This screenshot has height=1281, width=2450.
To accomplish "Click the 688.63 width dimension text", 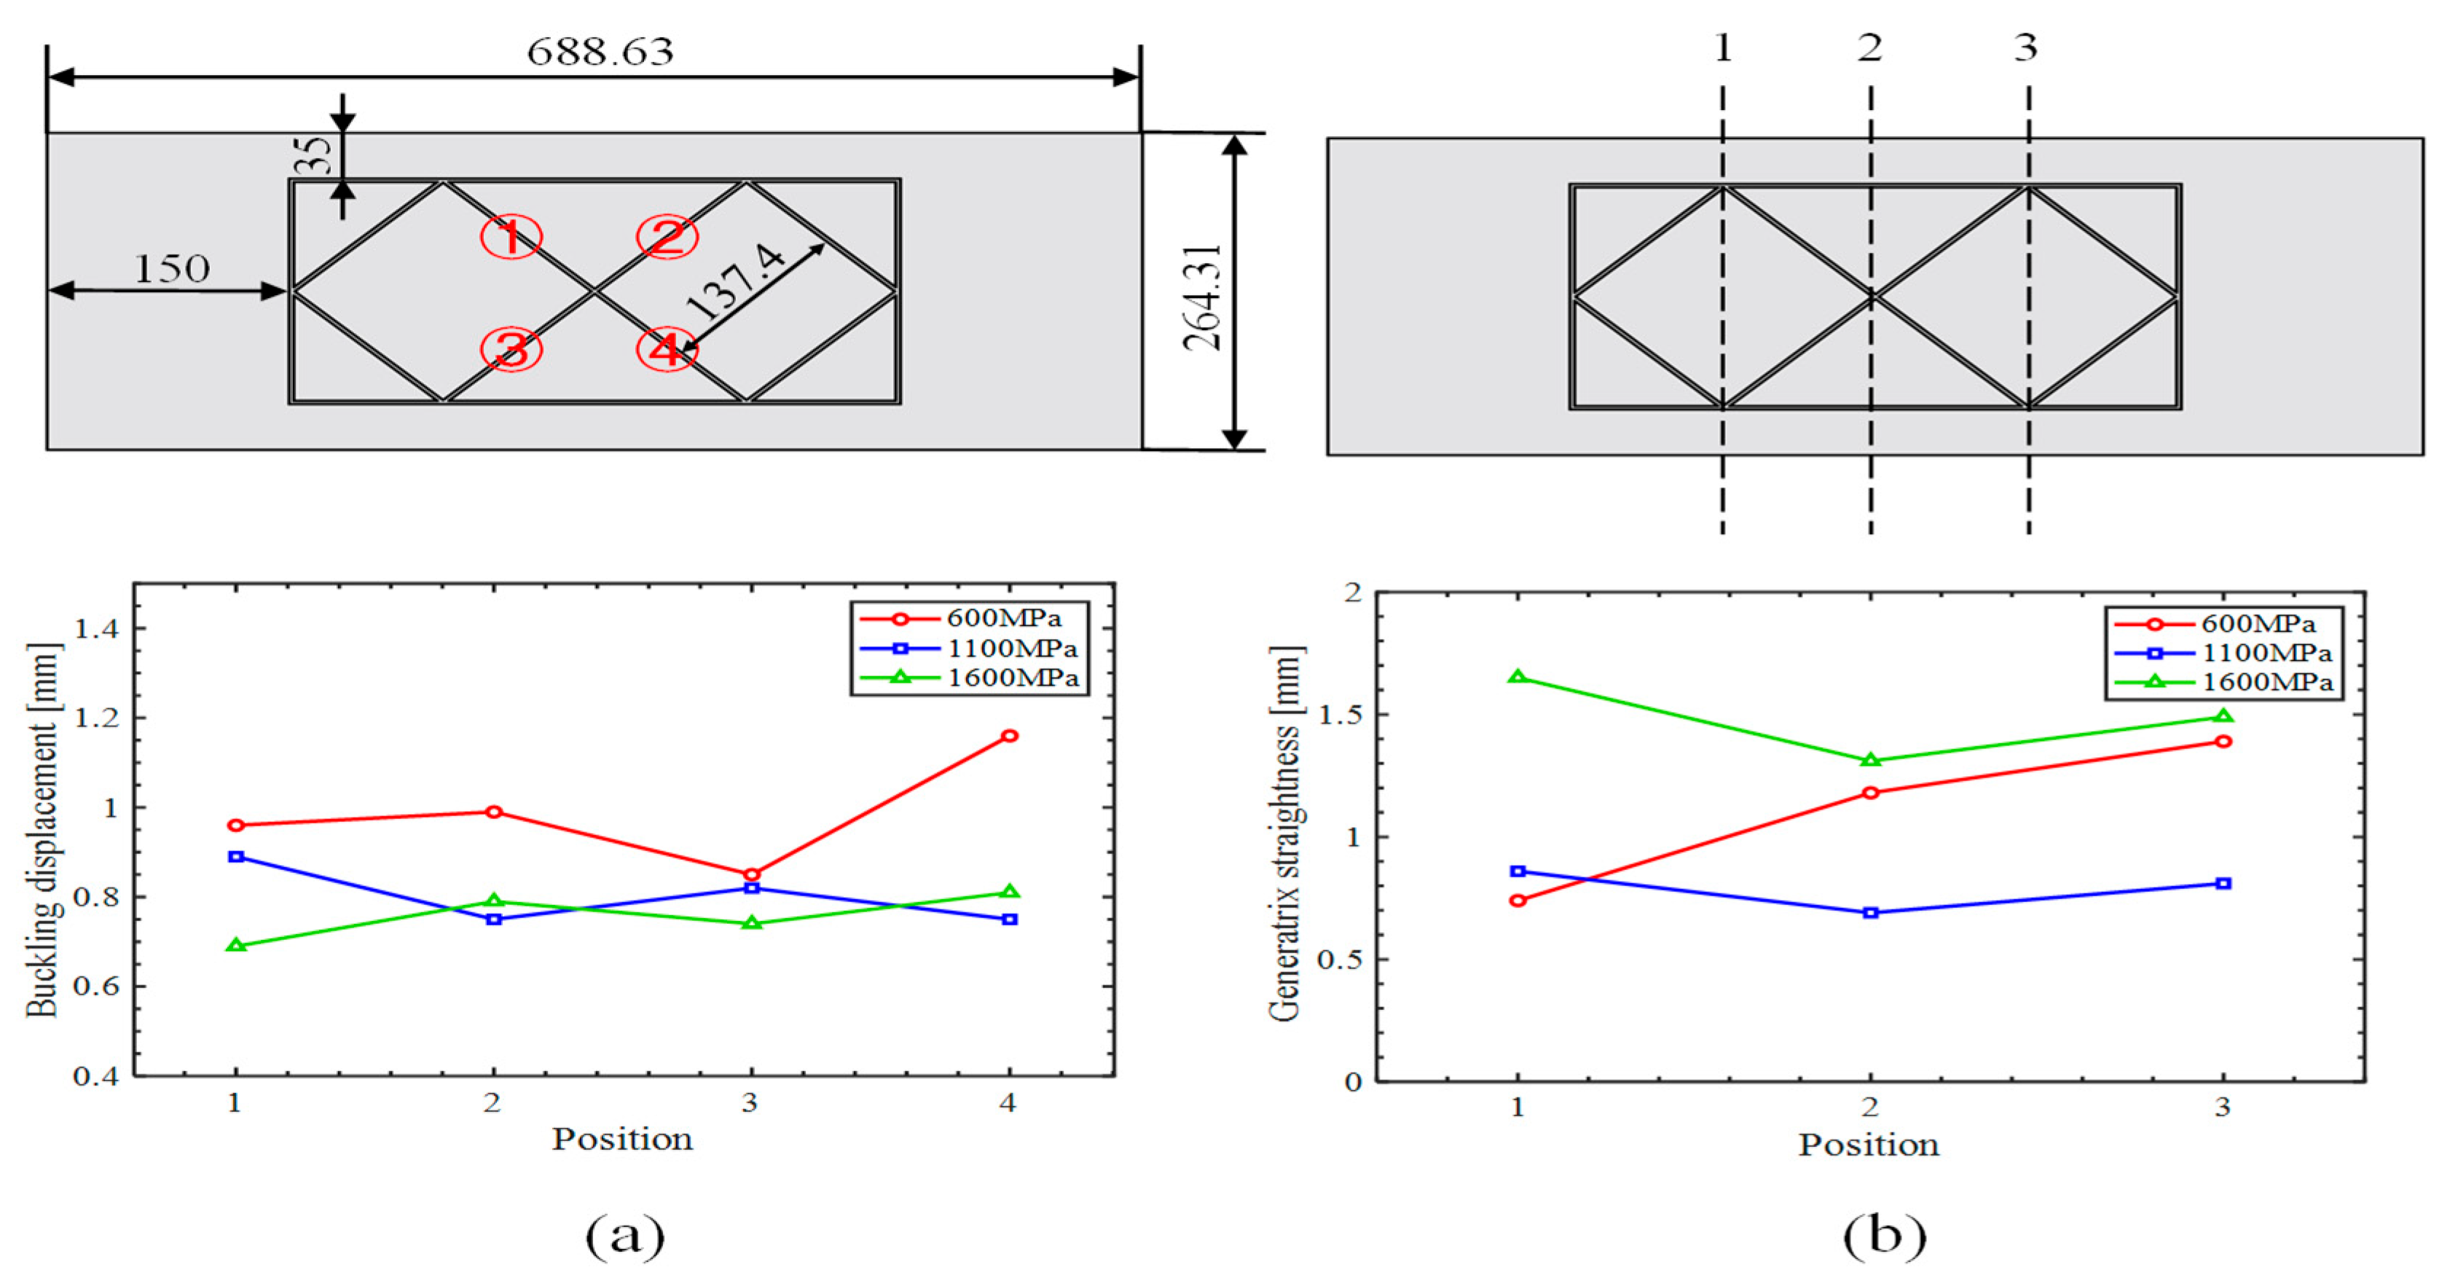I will (600, 51).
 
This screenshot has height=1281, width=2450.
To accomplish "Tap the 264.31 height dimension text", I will (1203, 297).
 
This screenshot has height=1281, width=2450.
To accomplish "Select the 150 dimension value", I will (171, 269).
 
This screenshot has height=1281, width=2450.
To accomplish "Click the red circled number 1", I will (511, 237).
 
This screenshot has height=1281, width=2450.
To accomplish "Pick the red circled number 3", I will (511, 349).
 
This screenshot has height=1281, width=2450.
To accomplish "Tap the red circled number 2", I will (667, 237).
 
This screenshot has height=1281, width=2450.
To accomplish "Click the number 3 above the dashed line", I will (2026, 47).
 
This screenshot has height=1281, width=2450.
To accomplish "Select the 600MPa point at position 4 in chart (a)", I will (1010, 735).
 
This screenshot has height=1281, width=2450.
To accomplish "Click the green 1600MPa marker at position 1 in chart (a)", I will (237, 945).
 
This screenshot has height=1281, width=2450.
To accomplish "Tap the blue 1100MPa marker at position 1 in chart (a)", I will (237, 857).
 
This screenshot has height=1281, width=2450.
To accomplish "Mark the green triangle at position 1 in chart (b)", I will (1518, 677).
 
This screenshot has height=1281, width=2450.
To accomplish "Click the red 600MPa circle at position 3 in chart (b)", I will (2223, 741).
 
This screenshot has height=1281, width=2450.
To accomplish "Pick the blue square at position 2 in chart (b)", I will (1871, 912).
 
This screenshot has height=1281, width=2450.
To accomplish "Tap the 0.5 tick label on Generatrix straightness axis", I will (1340, 960).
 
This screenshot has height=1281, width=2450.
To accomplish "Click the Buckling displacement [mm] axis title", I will (44, 829).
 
